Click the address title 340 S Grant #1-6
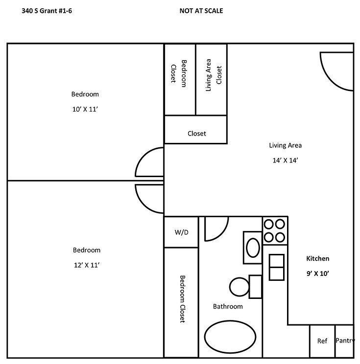[x=47, y=11]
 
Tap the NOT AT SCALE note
[x=201, y=11]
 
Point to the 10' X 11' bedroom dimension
[x=85, y=109]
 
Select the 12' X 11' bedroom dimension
[x=87, y=265]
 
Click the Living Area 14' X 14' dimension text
[x=285, y=160]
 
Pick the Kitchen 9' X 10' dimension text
[x=318, y=273]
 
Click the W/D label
[x=182, y=232]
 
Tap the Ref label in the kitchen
[x=322, y=341]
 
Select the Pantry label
[x=345, y=341]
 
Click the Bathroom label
[x=228, y=306]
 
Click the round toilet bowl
[x=240, y=287]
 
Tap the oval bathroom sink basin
[x=253, y=248]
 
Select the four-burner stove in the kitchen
[x=275, y=231]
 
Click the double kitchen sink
[x=277, y=267]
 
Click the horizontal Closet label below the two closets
[x=196, y=134]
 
